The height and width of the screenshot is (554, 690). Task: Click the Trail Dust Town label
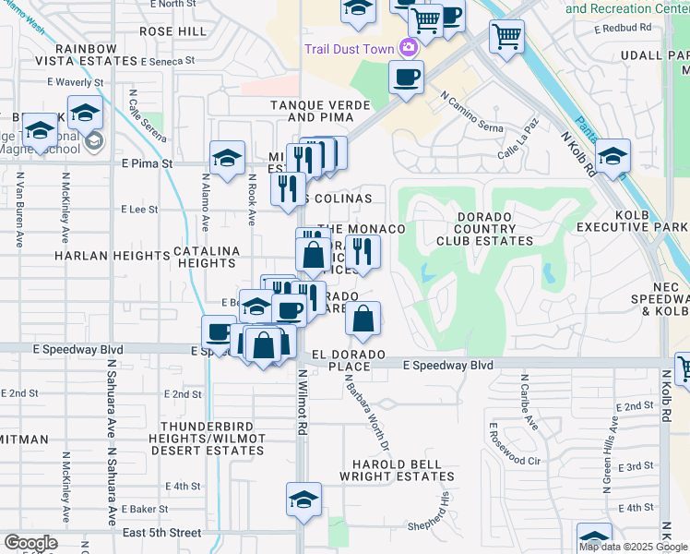pos(350,47)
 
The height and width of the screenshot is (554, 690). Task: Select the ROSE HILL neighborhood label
pos(172,30)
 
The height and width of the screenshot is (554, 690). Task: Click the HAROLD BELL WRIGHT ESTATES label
pos(397,470)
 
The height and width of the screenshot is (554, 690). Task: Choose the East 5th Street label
pos(161,533)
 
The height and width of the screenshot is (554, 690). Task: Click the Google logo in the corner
pos(30,544)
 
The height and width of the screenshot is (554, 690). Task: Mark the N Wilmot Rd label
pos(301,403)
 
